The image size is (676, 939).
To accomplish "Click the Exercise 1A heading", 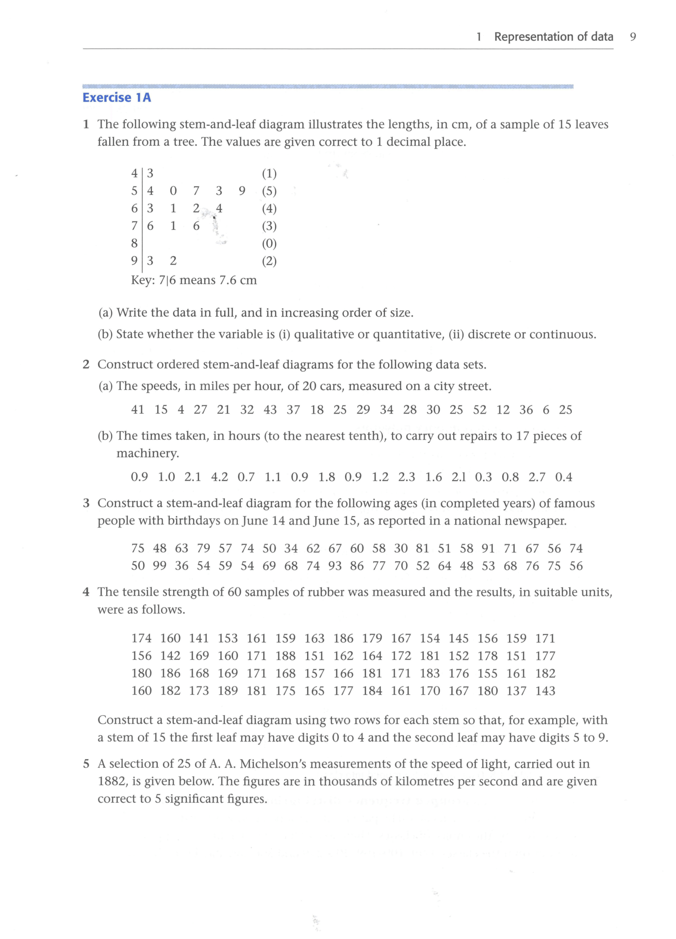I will coord(116,98).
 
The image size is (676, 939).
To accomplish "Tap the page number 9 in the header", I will coord(633,37).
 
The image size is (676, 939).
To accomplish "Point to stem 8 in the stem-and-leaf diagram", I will coord(134,243).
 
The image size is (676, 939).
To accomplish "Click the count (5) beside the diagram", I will coord(269,191).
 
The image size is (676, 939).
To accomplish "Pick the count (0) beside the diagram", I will coord(269,243).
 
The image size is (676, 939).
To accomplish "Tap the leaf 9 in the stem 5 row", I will coord(242,191).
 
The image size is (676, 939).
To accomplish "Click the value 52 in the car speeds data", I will coord(479,410).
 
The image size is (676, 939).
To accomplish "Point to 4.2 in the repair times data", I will coord(219,477).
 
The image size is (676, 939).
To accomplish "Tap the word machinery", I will coord(148,453).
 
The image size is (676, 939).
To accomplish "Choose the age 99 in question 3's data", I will coord(159,566).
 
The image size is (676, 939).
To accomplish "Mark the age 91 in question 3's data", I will coord(488,549).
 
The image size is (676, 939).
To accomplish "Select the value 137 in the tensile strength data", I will coord(516,691).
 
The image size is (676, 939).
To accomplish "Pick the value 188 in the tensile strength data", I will coord(285,656).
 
